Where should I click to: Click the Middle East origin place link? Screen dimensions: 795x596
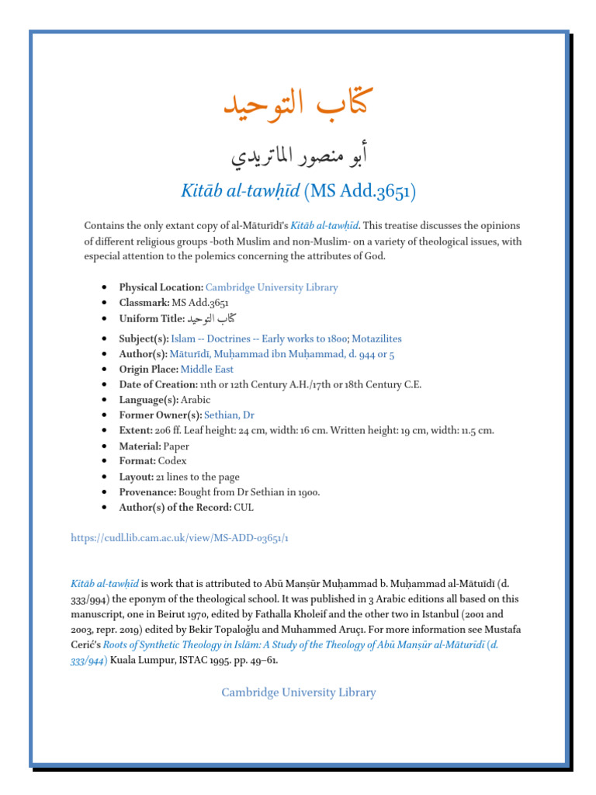coord(207,370)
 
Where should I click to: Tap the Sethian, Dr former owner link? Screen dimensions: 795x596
coord(229,415)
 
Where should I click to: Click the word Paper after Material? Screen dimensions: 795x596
coord(175,446)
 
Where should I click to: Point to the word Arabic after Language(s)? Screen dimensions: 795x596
coord(195,400)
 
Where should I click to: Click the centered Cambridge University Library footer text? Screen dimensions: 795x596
coord(298,693)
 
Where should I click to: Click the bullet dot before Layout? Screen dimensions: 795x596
coord(104,477)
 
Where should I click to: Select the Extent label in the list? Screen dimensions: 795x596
coord(137,431)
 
